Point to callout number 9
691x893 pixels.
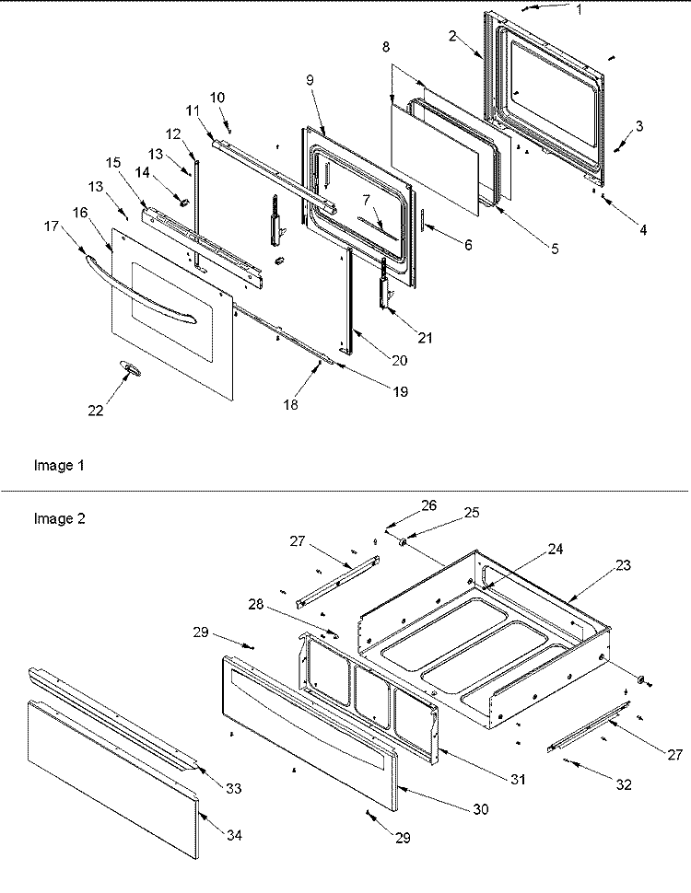coord(310,81)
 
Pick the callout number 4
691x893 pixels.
coord(642,230)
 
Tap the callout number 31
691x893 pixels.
coord(518,779)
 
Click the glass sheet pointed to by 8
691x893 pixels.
coord(433,157)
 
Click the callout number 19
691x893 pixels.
coord(400,392)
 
